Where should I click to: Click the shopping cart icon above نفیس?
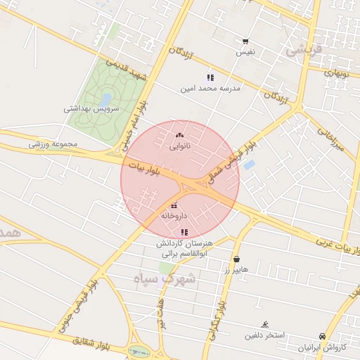click(245, 41)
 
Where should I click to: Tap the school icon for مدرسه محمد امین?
click(210, 77)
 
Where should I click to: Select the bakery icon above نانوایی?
click(179, 136)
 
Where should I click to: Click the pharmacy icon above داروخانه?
click(174, 205)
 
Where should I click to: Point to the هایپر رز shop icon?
click(236, 259)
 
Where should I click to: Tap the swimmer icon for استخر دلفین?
click(264, 324)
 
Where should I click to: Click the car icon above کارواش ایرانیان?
click(322, 336)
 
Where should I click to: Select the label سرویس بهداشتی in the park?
click(91, 109)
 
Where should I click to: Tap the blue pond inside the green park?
click(107, 99)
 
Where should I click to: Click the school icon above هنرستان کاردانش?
click(184, 232)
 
